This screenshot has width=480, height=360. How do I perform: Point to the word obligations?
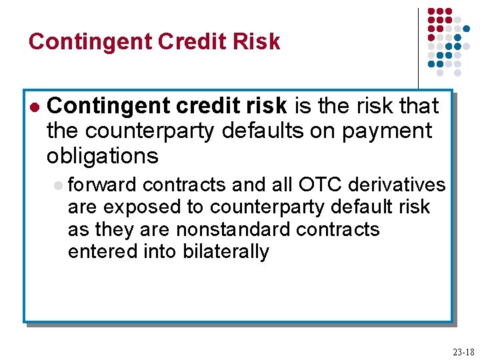[102, 156]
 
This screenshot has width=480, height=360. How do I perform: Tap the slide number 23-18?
[463, 352]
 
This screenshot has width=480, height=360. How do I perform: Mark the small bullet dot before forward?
[59, 185]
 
